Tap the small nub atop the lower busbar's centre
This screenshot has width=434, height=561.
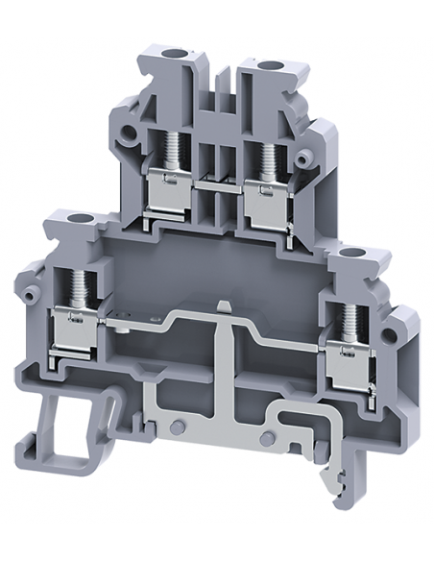click(x=223, y=306)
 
